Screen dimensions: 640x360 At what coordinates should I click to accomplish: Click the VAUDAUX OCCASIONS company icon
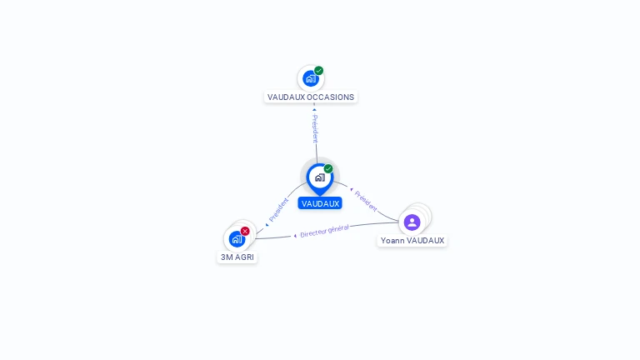click(310, 79)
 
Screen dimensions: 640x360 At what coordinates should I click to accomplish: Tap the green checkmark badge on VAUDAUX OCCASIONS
click(319, 71)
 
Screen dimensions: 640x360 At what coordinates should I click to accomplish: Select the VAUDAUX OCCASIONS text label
click(311, 97)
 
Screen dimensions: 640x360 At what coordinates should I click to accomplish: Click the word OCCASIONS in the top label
click(331, 97)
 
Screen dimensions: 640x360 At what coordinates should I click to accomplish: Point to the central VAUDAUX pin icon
click(319, 177)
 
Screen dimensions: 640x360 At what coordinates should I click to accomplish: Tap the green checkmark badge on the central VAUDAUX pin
click(328, 169)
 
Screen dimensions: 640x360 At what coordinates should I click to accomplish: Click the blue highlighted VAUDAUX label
click(320, 203)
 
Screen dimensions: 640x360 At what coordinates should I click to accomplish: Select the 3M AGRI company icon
click(237, 239)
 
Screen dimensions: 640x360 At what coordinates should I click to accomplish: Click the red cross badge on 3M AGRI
click(245, 231)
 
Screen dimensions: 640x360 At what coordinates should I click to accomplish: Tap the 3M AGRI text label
click(237, 257)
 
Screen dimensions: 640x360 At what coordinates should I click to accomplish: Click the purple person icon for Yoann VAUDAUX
click(412, 222)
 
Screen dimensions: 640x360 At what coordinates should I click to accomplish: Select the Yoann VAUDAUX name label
click(412, 241)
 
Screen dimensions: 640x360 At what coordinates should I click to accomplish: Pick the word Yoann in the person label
click(392, 241)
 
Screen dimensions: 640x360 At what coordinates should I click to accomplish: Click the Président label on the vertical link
click(315, 129)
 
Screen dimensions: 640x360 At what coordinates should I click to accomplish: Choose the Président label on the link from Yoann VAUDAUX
click(366, 200)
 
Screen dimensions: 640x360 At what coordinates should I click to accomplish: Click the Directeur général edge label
click(324, 231)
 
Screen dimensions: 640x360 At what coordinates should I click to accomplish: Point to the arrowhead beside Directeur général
click(295, 236)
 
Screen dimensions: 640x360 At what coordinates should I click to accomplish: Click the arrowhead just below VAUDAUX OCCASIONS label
click(314, 108)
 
